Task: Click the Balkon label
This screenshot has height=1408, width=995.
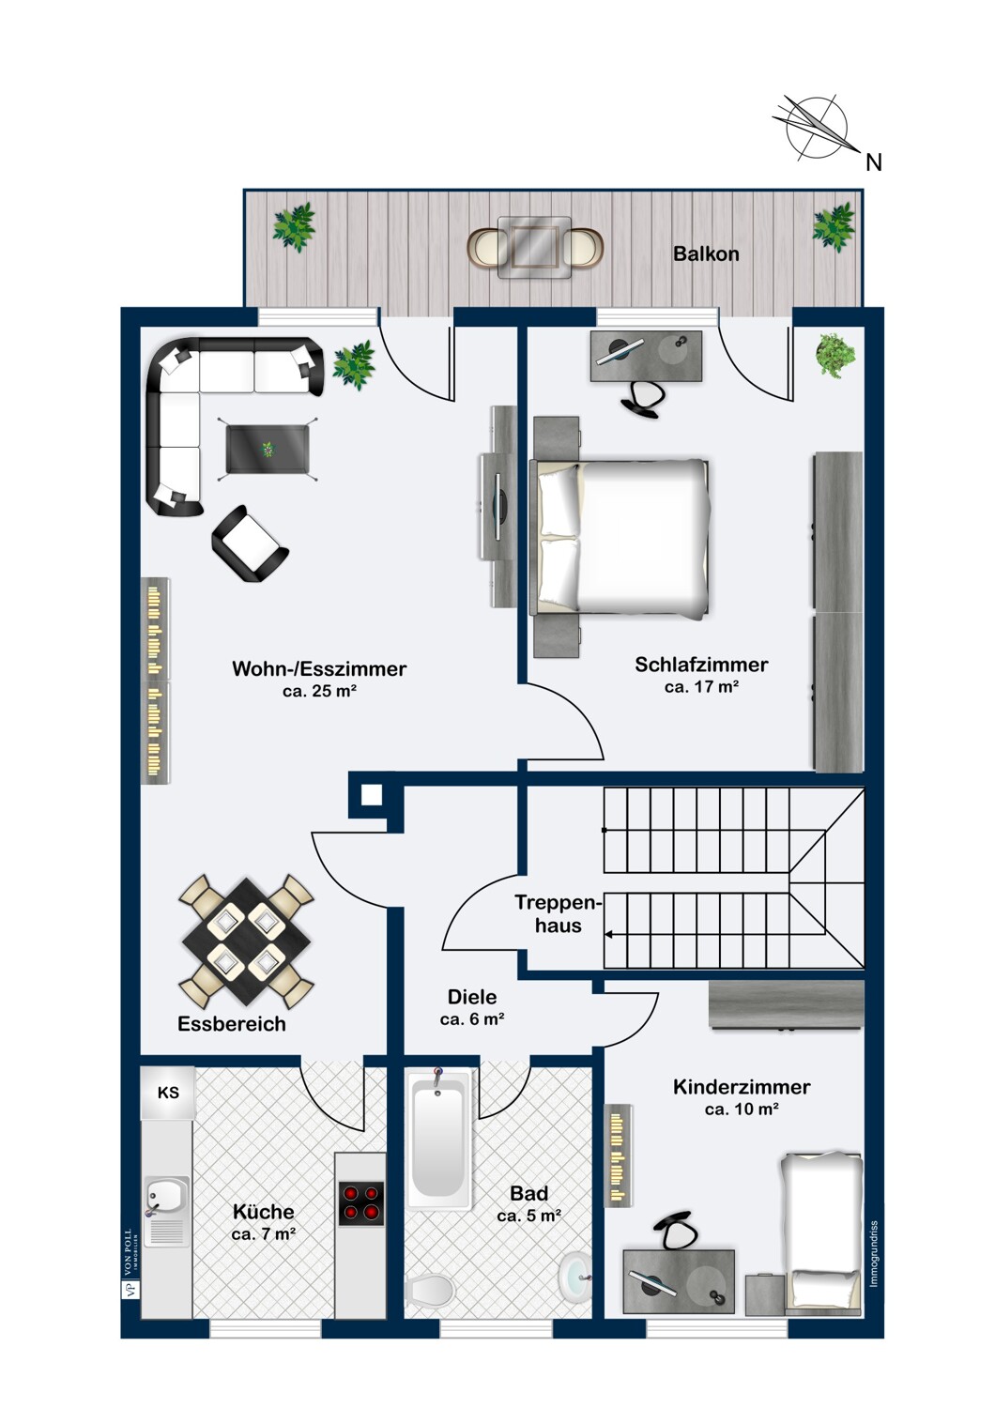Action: [706, 254]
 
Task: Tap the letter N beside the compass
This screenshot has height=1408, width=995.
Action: [874, 162]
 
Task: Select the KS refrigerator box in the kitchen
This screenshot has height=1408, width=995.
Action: [168, 1094]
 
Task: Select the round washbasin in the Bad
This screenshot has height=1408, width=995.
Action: [574, 1272]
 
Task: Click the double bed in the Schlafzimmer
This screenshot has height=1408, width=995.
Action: [621, 538]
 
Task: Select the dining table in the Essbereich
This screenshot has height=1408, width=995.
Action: [246, 941]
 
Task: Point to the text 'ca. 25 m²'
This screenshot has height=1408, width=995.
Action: [320, 692]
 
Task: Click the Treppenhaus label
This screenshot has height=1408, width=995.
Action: [559, 914]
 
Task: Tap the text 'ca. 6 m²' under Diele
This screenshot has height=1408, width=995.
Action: [472, 1018]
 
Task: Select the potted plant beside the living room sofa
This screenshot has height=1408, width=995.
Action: [354, 364]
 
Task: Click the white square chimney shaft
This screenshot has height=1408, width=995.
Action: [372, 795]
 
